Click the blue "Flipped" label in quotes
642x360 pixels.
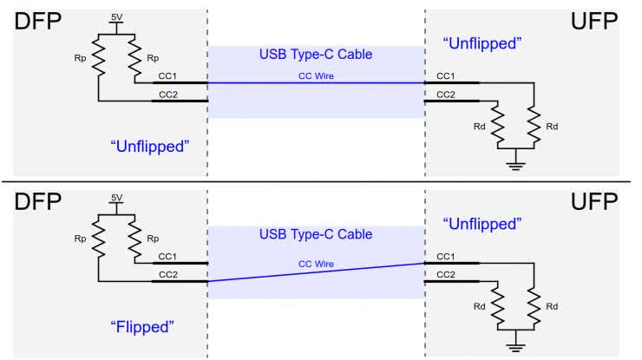143,327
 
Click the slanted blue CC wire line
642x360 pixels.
316,272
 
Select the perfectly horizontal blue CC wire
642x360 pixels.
316,83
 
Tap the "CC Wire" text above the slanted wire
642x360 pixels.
316,263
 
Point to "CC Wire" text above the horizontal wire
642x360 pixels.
316,75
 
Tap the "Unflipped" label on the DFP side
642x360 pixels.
150,146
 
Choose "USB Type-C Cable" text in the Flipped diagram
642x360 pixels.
316,235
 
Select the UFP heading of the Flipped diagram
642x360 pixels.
594,204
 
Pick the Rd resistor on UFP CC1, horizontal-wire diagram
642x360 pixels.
534,127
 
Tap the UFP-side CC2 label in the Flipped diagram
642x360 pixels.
445,275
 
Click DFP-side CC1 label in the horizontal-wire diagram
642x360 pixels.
167,77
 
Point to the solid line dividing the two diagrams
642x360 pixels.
321,182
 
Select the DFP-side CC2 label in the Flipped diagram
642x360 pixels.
167,273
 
